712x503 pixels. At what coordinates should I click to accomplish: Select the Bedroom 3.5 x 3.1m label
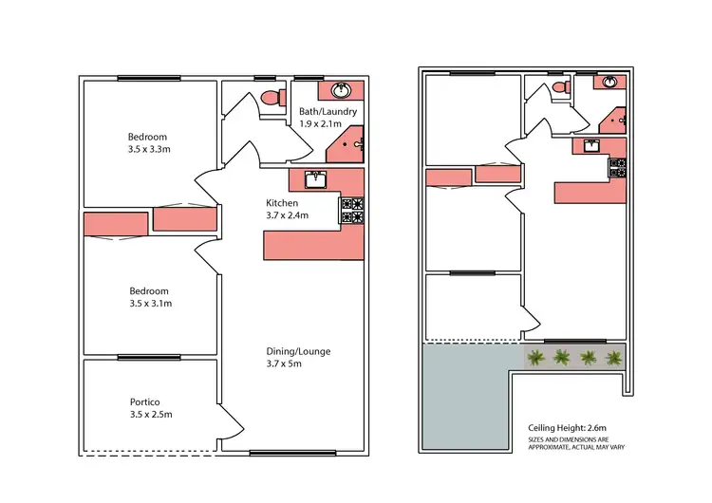click(149, 297)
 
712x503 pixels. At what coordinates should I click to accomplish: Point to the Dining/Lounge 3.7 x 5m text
click(298, 358)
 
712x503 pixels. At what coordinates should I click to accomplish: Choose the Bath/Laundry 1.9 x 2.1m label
click(328, 118)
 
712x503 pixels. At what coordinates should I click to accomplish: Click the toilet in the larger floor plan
click(273, 97)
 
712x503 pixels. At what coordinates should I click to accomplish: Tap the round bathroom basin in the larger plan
click(340, 91)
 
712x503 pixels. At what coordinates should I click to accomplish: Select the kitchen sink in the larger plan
click(315, 178)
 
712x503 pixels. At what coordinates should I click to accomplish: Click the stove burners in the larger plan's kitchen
click(351, 210)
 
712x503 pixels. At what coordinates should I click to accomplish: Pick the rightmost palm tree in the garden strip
click(614, 358)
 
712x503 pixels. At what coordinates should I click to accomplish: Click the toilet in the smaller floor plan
click(561, 87)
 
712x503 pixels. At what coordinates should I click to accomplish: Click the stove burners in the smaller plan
click(619, 168)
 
